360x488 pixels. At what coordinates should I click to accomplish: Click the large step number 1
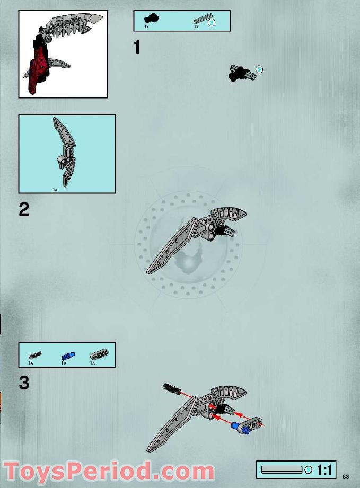tap(137, 47)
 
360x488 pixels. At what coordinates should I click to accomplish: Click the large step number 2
tap(24, 209)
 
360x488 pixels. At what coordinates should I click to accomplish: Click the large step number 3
tap(24, 383)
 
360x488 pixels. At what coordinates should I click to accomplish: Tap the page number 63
tap(345, 476)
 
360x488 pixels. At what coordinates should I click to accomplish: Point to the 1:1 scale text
tap(324, 470)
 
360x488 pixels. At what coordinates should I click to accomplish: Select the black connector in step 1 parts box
tap(151, 19)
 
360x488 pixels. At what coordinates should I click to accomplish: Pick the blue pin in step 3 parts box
tap(68, 355)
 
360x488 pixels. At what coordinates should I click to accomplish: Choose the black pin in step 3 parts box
tap(35, 355)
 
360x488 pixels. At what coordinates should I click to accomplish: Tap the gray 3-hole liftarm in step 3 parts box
tap(99, 354)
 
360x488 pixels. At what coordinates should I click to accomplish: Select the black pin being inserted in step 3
tap(172, 388)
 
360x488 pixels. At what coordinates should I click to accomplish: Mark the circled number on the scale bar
tap(308, 470)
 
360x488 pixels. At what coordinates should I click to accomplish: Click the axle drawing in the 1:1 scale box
tap(282, 470)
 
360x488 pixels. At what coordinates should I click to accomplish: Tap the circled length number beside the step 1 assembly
tap(259, 69)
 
